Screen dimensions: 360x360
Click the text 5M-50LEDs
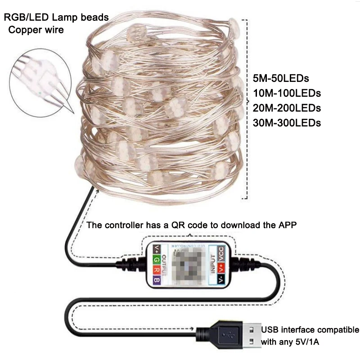[x=281, y=78]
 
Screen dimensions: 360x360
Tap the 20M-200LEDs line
[x=287, y=108]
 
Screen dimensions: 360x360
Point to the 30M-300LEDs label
[x=287, y=122]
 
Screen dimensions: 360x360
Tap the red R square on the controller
[x=156, y=270]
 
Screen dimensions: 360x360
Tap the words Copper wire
[x=36, y=30]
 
